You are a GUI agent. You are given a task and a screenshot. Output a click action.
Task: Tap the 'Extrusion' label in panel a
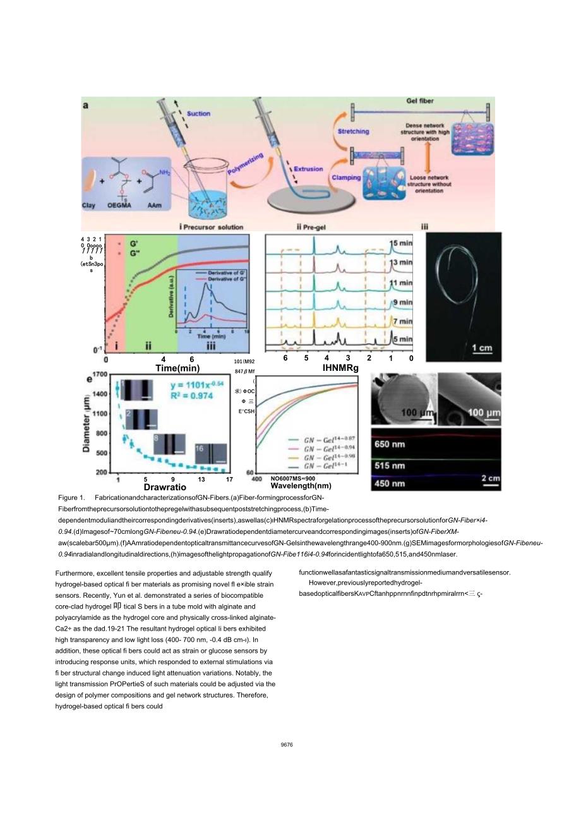[309, 169]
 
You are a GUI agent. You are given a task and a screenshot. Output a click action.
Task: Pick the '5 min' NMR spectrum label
[401, 339]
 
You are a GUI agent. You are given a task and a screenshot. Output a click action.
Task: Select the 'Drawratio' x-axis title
[165, 488]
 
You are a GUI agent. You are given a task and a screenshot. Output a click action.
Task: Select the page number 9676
[287, 745]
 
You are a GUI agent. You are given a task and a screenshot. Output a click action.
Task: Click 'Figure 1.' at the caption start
[71, 498]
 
